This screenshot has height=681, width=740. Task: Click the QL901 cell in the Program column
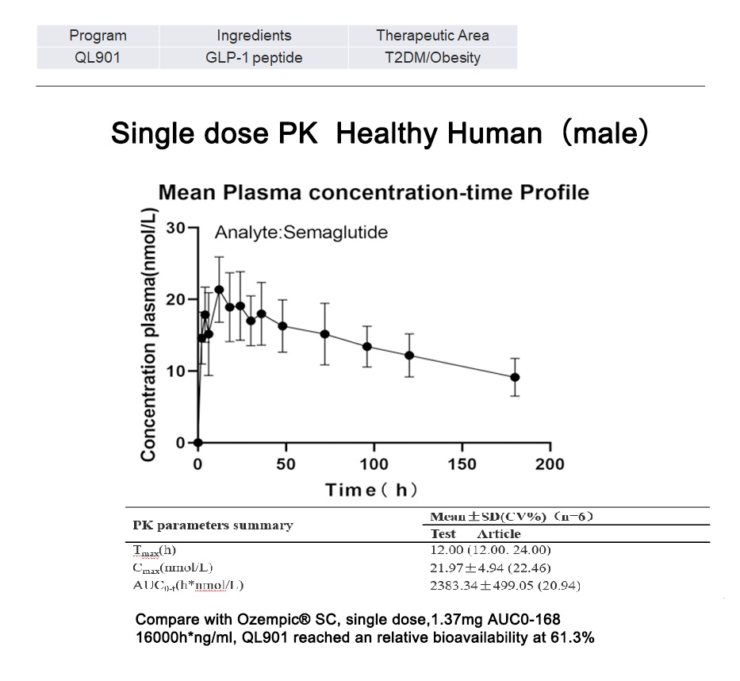coord(98,57)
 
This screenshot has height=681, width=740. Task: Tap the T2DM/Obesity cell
coord(432,57)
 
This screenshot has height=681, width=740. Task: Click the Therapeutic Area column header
coord(432,35)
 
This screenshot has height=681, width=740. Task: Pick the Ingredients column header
coord(254,35)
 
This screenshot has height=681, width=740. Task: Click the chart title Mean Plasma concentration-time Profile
coord(374,192)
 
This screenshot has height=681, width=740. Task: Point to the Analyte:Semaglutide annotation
coord(301,233)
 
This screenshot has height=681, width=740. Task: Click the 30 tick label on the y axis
coord(175,229)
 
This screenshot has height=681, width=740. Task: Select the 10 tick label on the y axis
coord(175,371)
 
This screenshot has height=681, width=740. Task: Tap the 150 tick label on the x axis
coord(462,464)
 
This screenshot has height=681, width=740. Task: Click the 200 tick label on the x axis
coord(550,464)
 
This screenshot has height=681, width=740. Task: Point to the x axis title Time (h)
coord(371,489)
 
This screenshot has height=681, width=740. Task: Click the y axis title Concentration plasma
coord(148,334)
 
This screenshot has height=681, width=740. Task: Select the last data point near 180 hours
coord(515,377)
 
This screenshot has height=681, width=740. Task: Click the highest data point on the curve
coord(219,290)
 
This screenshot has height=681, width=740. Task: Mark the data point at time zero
coord(198,443)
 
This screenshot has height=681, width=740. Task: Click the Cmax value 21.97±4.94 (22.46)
coord(489,567)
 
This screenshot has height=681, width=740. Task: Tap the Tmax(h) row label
coord(155,549)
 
